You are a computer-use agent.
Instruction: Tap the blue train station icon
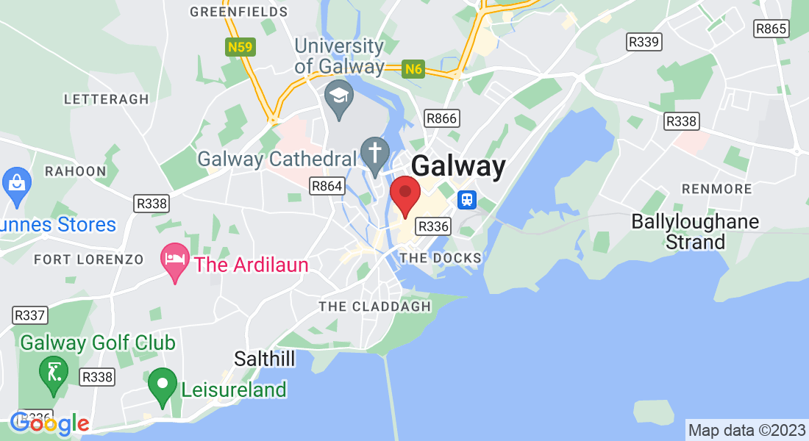(x=466, y=200)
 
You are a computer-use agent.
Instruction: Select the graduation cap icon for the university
(x=339, y=98)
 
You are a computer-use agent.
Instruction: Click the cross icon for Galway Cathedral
(x=374, y=155)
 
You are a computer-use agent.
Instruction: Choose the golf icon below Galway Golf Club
(x=53, y=373)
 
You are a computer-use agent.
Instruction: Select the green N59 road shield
(x=240, y=48)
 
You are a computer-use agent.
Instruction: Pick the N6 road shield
(x=414, y=69)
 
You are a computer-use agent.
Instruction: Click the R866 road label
(x=441, y=118)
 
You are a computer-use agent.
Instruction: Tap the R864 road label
(x=327, y=186)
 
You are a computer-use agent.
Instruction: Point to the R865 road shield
(x=771, y=29)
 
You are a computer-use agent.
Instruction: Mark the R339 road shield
(x=644, y=42)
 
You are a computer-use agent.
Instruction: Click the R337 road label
(x=30, y=315)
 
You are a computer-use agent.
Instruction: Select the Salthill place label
(x=265, y=359)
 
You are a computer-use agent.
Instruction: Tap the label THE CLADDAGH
(x=374, y=306)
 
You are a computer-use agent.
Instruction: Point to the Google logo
(x=50, y=423)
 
